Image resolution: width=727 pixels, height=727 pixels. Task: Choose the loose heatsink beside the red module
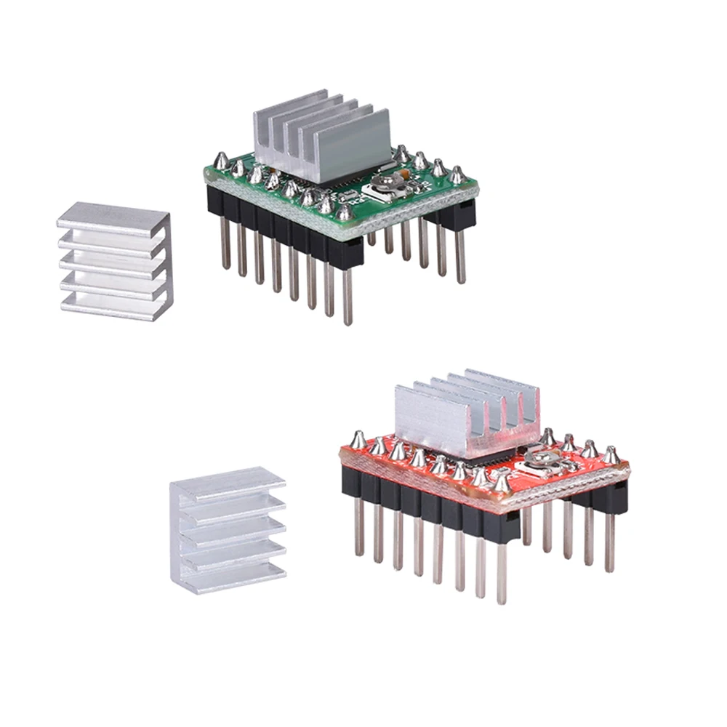click(226, 534)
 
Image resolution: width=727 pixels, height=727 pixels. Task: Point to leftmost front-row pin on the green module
click(225, 244)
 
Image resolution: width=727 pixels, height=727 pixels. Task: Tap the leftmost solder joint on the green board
click(219, 161)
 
